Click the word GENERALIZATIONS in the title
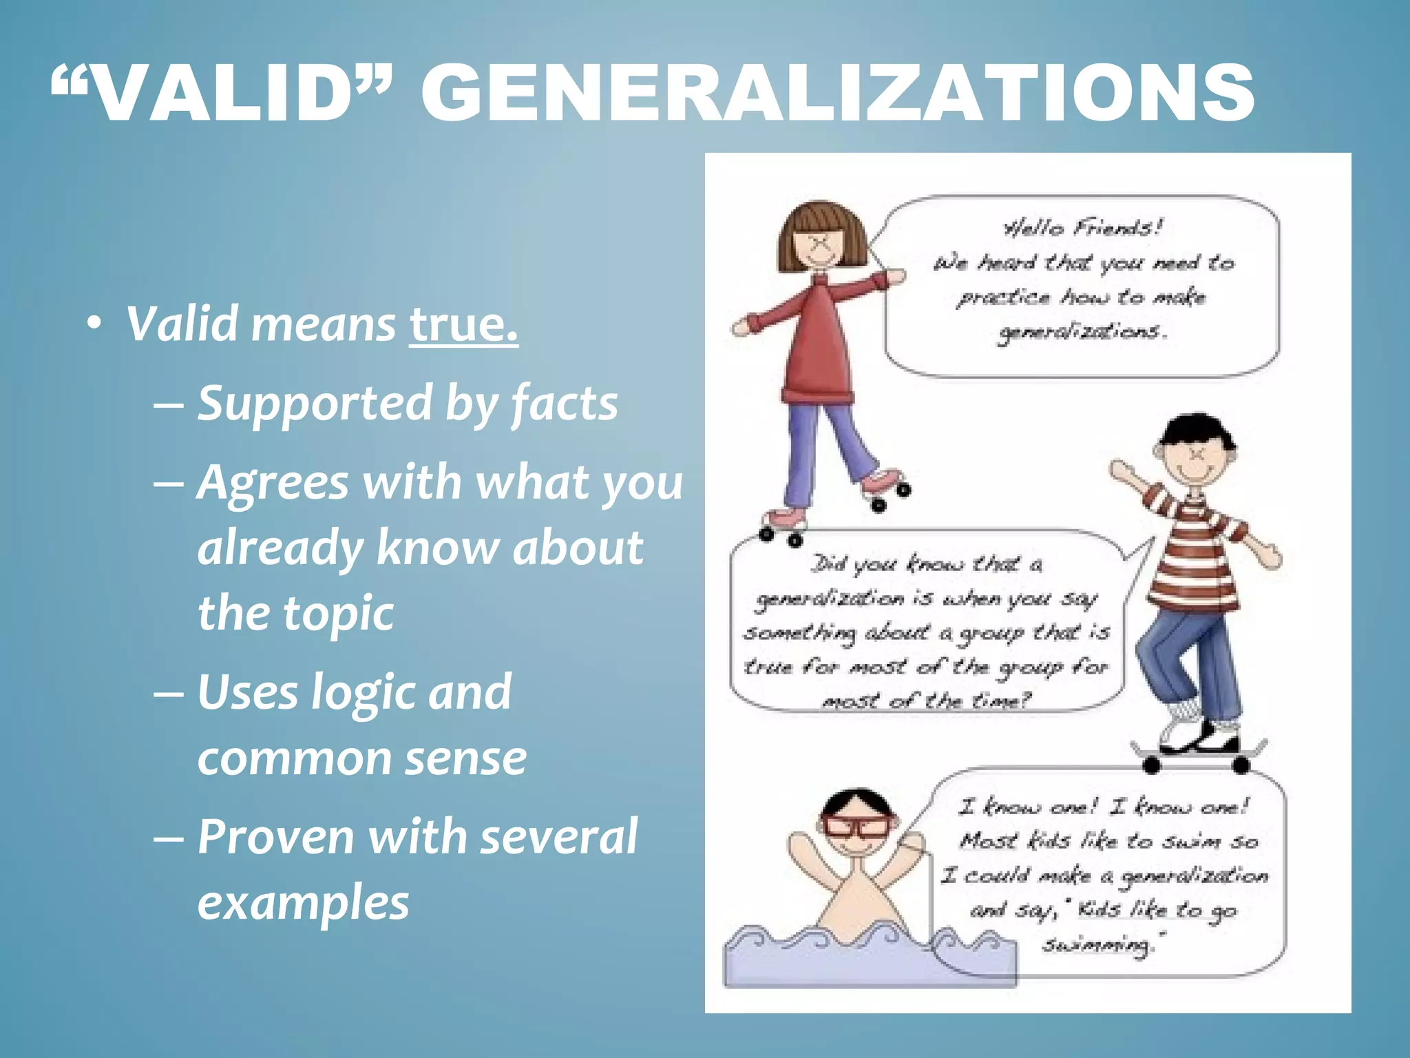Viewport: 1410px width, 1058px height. coord(837,93)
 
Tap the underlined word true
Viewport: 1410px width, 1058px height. coord(463,324)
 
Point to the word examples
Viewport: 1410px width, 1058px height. coord(303,902)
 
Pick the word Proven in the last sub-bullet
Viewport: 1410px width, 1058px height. coord(275,837)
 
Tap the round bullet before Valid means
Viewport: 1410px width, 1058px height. coord(94,324)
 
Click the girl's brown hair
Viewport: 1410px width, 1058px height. coord(819,220)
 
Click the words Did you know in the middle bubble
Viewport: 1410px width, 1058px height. coord(888,565)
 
